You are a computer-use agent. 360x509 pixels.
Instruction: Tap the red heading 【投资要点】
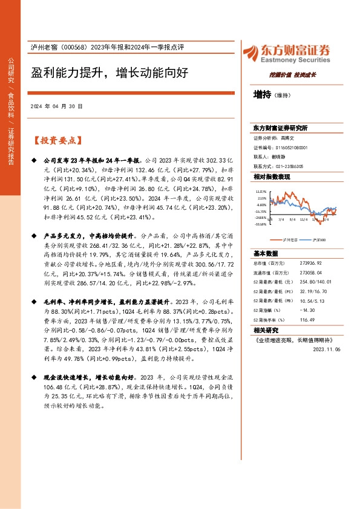(x=57, y=140)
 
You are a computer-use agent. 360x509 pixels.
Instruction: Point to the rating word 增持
(x=263, y=95)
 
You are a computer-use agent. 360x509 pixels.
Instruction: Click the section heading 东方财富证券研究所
(x=280, y=128)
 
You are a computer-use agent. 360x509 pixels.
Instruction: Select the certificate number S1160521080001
(x=292, y=148)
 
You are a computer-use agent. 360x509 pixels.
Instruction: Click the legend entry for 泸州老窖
(x=284, y=239)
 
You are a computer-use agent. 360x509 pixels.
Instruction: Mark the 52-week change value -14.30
(x=307, y=310)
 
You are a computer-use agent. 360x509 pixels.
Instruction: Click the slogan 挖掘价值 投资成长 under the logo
(x=292, y=74)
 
